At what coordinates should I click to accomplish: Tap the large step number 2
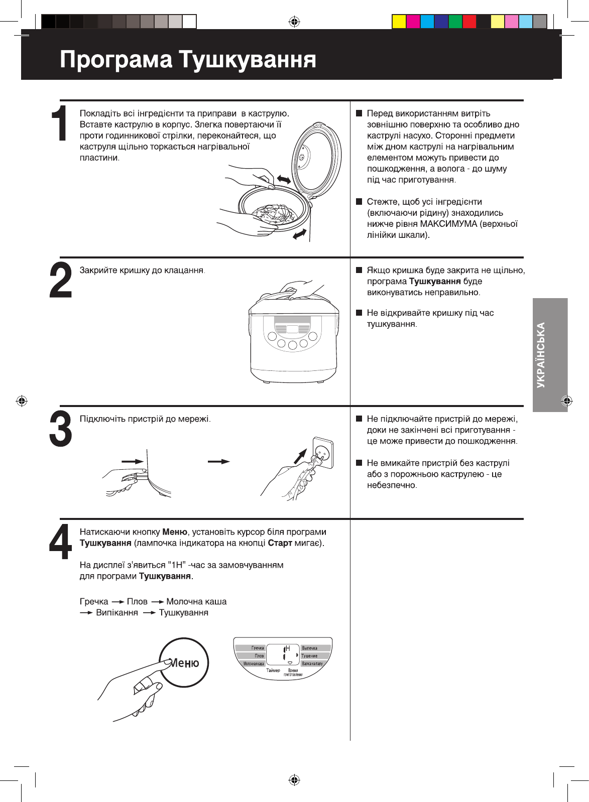tap(61, 281)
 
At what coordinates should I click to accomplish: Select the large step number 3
tap(61, 429)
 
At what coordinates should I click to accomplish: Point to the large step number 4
tap(61, 542)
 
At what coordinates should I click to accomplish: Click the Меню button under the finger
tap(184, 663)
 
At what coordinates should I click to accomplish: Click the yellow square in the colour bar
tap(399, 22)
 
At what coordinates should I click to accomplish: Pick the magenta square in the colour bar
tap(413, 22)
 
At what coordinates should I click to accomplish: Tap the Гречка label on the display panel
tap(257, 648)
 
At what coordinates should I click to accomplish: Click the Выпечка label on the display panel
tap(309, 648)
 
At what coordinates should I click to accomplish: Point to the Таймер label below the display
tap(273, 671)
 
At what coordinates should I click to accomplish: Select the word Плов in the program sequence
tap(137, 601)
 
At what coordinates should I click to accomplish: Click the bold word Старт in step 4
tap(280, 543)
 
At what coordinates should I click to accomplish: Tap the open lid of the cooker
tap(316, 156)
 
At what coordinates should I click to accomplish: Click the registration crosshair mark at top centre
tap(294, 22)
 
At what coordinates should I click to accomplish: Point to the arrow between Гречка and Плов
tap(117, 601)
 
